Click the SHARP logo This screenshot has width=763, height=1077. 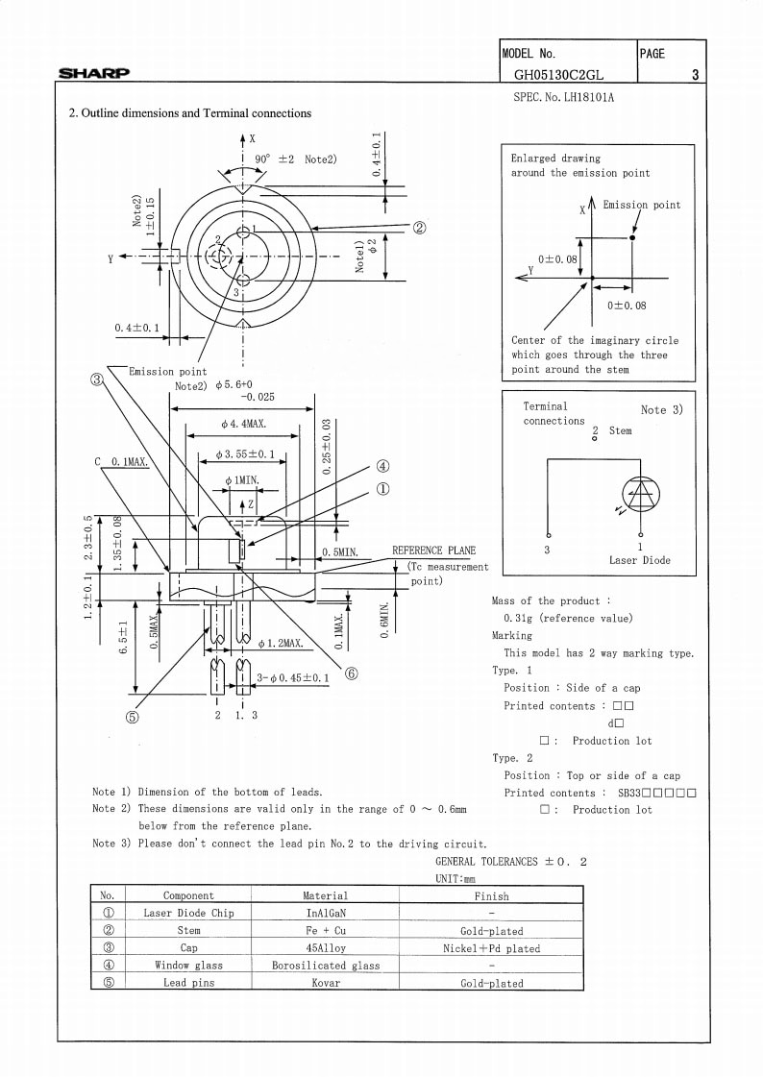click(x=94, y=73)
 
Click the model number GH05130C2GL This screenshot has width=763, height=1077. click(x=559, y=75)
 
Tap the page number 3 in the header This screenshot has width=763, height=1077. click(x=695, y=75)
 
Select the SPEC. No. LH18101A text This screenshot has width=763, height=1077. click(x=564, y=97)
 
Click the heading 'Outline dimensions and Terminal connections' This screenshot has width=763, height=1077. click(x=196, y=113)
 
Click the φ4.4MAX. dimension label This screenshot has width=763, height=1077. click(x=244, y=424)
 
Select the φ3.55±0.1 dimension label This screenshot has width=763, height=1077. click(x=244, y=454)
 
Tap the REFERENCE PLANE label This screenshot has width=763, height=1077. click(x=433, y=551)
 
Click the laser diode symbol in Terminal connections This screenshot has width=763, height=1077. click(x=641, y=495)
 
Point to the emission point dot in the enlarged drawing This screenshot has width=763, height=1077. click(x=631, y=237)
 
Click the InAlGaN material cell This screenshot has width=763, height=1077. click(x=326, y=913)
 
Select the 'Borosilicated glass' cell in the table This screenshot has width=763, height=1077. click(x=326, y=965)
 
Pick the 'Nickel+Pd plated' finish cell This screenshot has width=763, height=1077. click(x=492, y=948)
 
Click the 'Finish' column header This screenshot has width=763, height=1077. click(x=492, y=895)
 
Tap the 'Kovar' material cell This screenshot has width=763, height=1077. click(x=326, y=982)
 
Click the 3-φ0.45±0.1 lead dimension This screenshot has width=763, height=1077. click(x=293, y=678)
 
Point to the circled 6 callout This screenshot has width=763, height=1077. click(x=351, y=673)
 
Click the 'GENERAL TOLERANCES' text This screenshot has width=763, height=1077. click(x=487, y=862)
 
